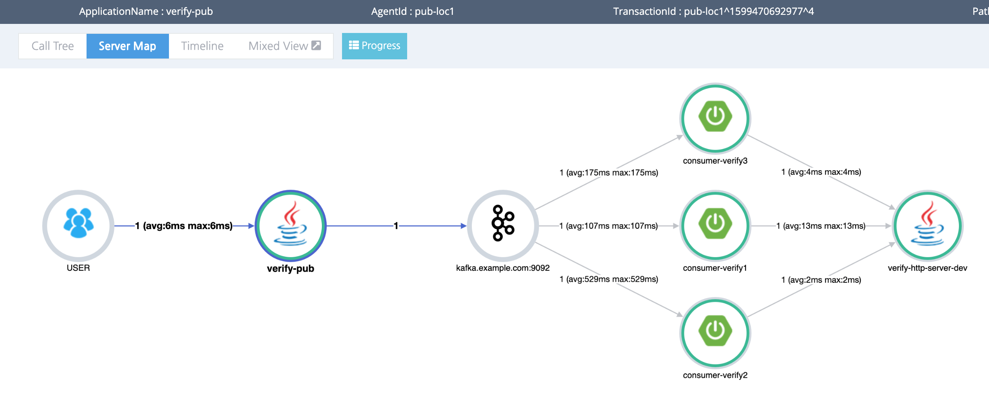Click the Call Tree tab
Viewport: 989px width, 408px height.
pyautogui.click(x=53, y=46)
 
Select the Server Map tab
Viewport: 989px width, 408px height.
pyautogui.click(x=127, y=46)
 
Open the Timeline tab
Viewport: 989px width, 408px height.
pyautogui.click(x=202, y=46)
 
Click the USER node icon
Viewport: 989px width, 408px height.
pyautogui.click(x=78, y=225)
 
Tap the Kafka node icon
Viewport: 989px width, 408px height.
pyautogui.click(x=503, y=225)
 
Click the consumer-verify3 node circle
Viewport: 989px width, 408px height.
pyautogui.click(x=715, y=118)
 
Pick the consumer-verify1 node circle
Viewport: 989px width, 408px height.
pyautogui.click(x=715, y=225)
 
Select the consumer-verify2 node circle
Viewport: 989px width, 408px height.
pyautogui.click(x=715, y=332)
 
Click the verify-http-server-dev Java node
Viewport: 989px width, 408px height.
pyautogui.click(x=927, y=225)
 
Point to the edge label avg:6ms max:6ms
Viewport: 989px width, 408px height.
pyautogui.click(x=184, y=226)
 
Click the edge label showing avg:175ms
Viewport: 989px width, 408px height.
pyautogui.click(x=609, y=173)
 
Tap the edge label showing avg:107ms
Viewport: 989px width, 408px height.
pyautogui.click(x=609, y=226)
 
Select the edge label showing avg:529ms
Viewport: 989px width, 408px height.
pyautogui.click(x=609, y=279)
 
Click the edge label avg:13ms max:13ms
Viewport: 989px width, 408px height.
pyautogui.click(x=821, y=226)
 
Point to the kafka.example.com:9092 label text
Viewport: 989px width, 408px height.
pyautogui.click(x=503, y=268)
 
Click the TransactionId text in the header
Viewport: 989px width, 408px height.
pyautogui.click(x=713, y=12)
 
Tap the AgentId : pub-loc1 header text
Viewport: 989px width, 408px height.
pyautogui.click(x=412, y=12)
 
